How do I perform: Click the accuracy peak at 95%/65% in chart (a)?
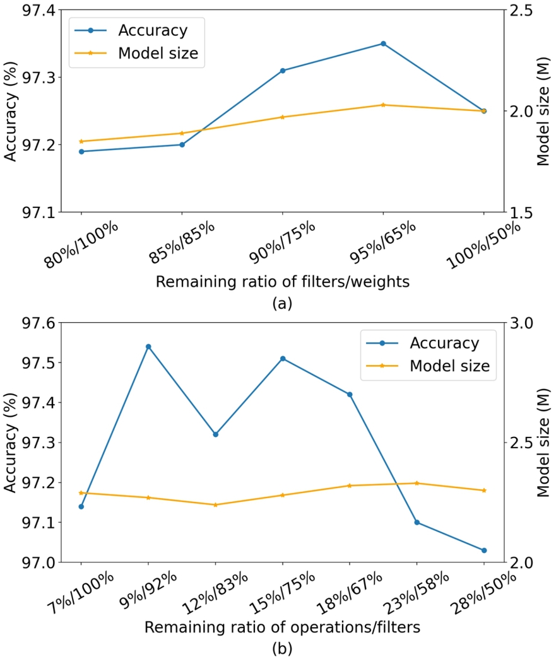(383, 44)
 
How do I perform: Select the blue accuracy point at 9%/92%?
(148, 346)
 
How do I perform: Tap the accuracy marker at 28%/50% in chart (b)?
(484, 550)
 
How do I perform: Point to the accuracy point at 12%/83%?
(215, 434)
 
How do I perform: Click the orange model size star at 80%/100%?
(81, 141)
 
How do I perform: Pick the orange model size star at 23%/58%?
(417, 483)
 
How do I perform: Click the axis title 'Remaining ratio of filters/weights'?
(282, 281)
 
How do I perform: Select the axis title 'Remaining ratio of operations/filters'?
(282, 627)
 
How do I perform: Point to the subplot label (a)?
(282, 303)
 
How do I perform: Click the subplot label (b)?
(282, 648)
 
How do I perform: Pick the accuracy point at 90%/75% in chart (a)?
(283, 71)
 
